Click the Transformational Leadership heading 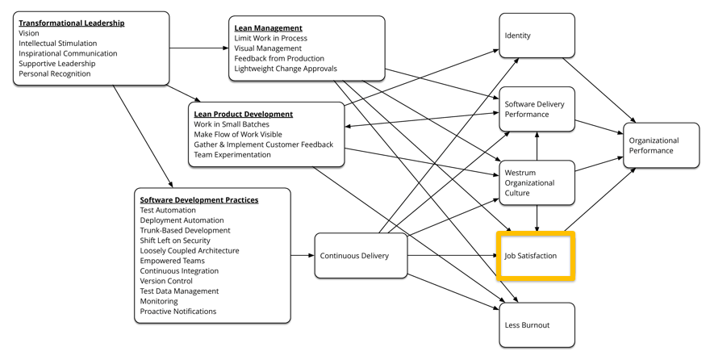click(x=72, y=23)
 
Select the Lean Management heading click(x=269, y=28)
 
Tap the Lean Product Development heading click(x=243, y=114)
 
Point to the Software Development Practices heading click(x=199, y=199)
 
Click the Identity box click(x=537, y=36)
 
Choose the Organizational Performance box click(x=661, y=145)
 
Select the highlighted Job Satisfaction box click(x=537, y=256)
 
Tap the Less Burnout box click(x=537, y=325)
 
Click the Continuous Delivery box click(x=361, y=256)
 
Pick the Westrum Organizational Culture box click(x=537, y=182)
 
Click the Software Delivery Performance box click(x=537, y=109)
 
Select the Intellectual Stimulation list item click(x=58, y=44)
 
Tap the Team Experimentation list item click(x=232, y=154)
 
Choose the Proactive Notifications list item click(x=178, y=311)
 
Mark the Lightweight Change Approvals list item click(x=286, y=69)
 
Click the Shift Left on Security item click(x=175, y=241)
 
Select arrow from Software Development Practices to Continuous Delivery click(x=303, y=256)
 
